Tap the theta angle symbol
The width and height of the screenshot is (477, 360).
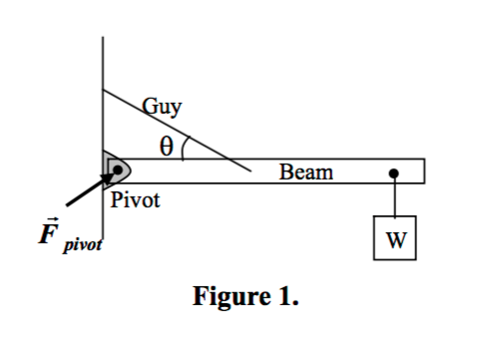pyautogui.click(x=168, y=145)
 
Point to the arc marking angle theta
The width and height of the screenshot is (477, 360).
pyautogui.click(x=187, y=147)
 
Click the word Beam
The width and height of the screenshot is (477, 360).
pyautogui.click(x=305, y=173)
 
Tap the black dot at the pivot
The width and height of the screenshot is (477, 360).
pyautogui.click(x=118, y=171)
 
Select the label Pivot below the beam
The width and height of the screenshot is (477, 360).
pyautogui.click(x=135, y=200)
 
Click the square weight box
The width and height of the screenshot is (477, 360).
pyautogui.click(x=395, y=238)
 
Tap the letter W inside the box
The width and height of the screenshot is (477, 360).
pyautogui.click(x=395, y=239)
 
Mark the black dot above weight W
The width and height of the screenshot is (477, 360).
pyautogui.click(x=394, y=173)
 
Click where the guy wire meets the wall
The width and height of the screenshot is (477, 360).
pyautogui.click(x=102, y=90)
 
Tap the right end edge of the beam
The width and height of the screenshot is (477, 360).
pyautogui.click(x=424, y=171)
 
